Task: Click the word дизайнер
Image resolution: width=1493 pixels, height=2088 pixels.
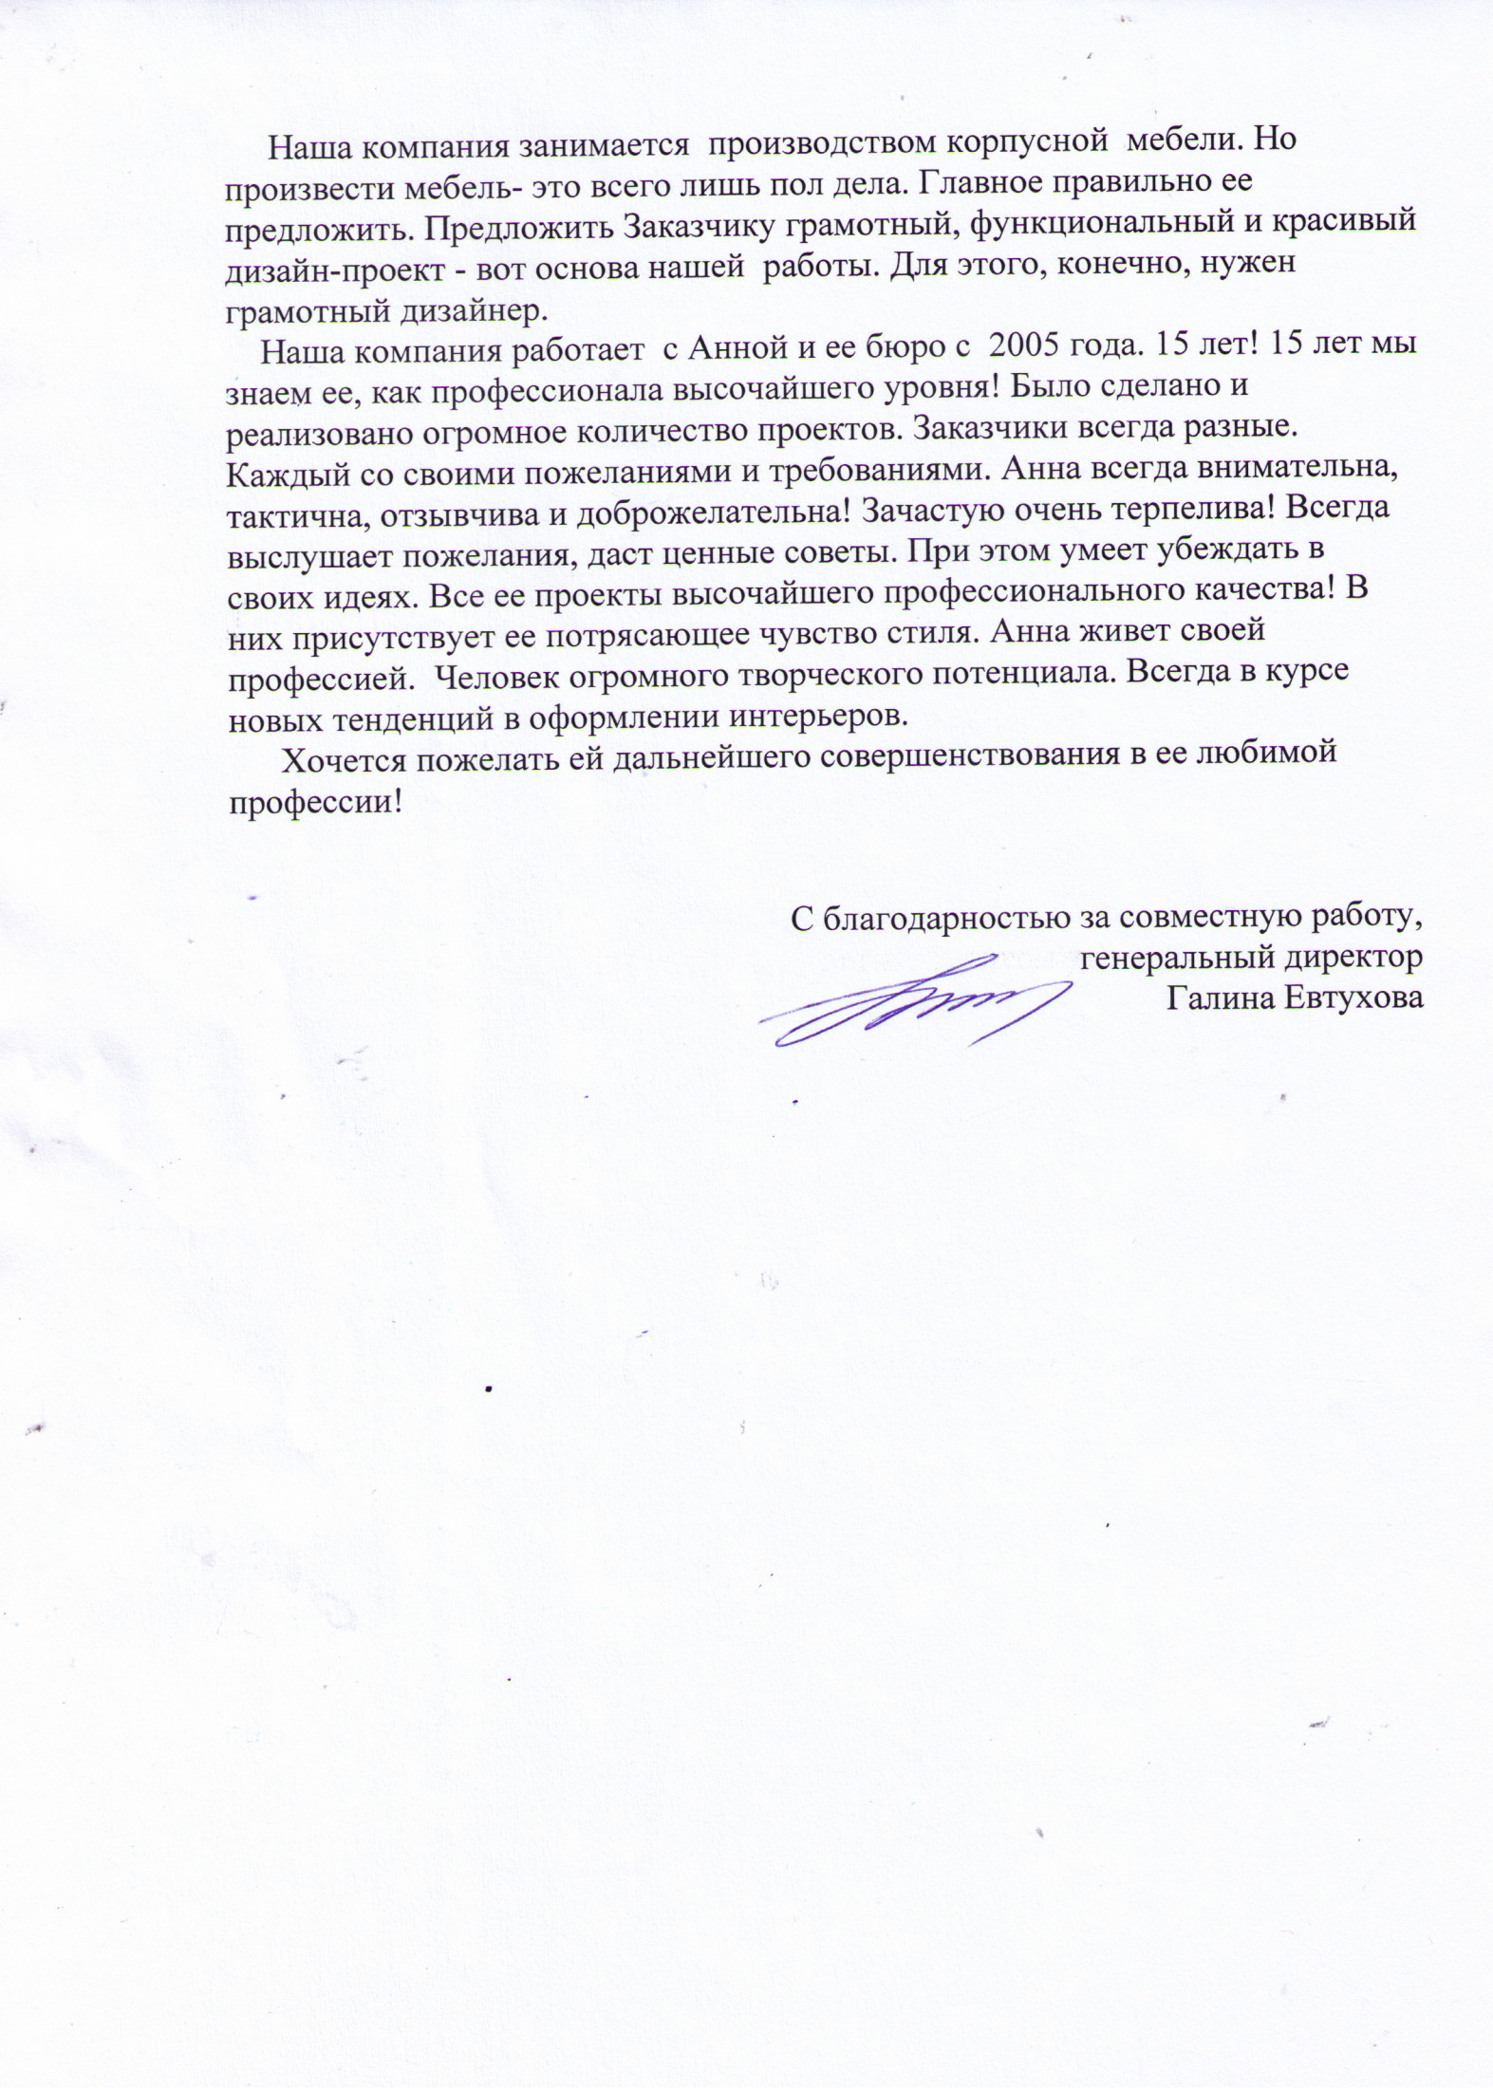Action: (x=469, y=309)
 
